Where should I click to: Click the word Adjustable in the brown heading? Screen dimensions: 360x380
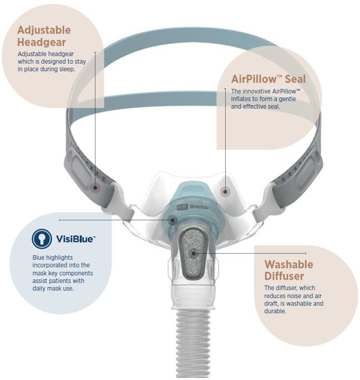(44, 31)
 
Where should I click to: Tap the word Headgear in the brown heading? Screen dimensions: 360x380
(41, 42)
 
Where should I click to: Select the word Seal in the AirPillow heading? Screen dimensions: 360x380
(295, 79)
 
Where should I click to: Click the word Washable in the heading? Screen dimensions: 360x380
(289, 265)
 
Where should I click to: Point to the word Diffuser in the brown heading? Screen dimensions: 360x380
(284, 276)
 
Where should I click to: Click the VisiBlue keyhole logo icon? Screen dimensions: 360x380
(42, 239)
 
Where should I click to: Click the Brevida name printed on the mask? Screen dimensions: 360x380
(199, 207)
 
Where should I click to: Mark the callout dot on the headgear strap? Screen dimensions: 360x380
(95, 187)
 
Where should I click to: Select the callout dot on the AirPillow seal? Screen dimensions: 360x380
(225, 192)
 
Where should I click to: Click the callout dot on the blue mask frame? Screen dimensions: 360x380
(173, 220)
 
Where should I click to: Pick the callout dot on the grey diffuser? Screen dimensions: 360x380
(194, 253)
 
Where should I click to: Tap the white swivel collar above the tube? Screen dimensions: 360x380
(194, 297)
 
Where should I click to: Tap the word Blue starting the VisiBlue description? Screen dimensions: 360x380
(38, 257)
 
